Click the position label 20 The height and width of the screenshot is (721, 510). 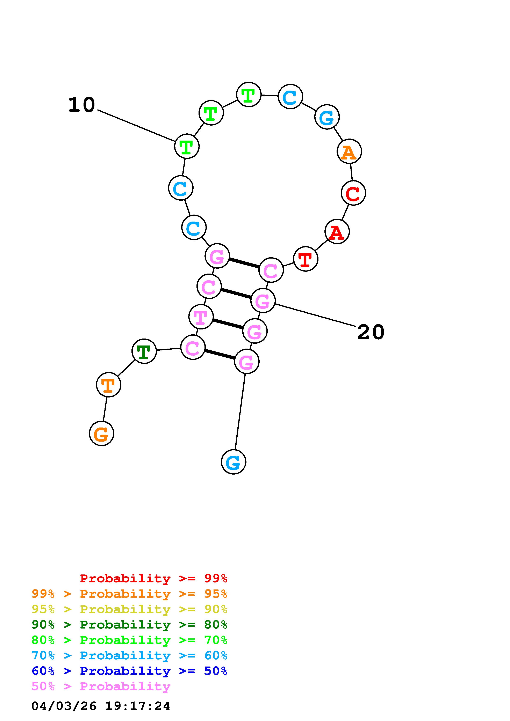[x=371, y=332]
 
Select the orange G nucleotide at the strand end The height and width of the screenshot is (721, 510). [x=101, y=434]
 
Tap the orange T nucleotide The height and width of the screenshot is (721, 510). [x=108, y=385]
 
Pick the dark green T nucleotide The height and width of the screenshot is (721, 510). [x=144, y=351]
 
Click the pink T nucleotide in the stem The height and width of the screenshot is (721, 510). [x=201, y=317]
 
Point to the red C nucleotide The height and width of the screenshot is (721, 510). [x=353, y=193]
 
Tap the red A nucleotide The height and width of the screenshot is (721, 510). [x=337, y=232]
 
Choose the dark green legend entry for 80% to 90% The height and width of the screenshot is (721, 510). [x=129, y=625]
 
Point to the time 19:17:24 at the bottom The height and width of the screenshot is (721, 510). [x=137, y=706]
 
